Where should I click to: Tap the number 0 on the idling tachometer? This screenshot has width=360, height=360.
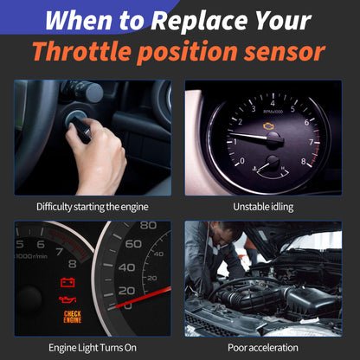pyautogui.click(x=241, y=161)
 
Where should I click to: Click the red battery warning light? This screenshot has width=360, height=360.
pyautogui.click(x=67, y=282)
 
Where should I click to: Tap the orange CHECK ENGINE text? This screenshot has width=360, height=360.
pyautogui.click(x=73, y=317)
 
